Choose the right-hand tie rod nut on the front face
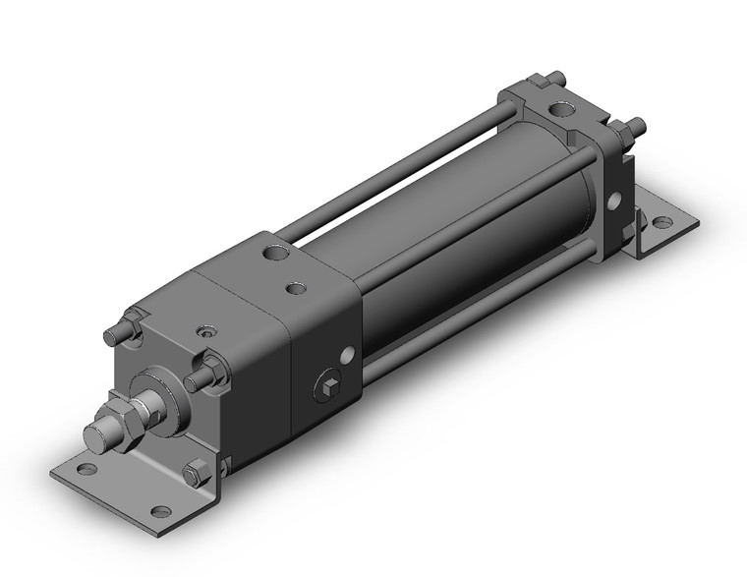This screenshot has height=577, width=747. [x=207, y=374]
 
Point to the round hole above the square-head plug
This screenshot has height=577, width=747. [x=345, y=354]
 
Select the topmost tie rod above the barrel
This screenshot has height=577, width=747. [x=413, y=163]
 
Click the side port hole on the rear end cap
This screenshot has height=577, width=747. [x=614, y=202]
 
